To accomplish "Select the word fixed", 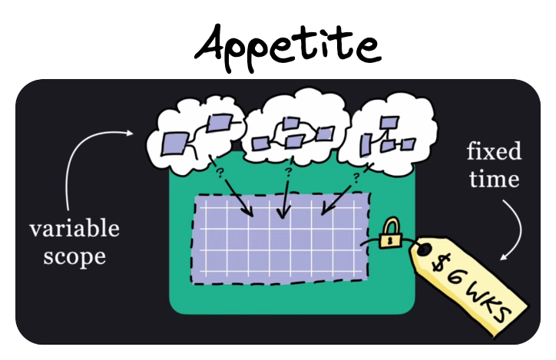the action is tap(494, 151).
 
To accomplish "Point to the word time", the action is tap(493, 180).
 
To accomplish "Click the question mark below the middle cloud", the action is tap(288, 171).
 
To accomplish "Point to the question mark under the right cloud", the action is tap(357, 178).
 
